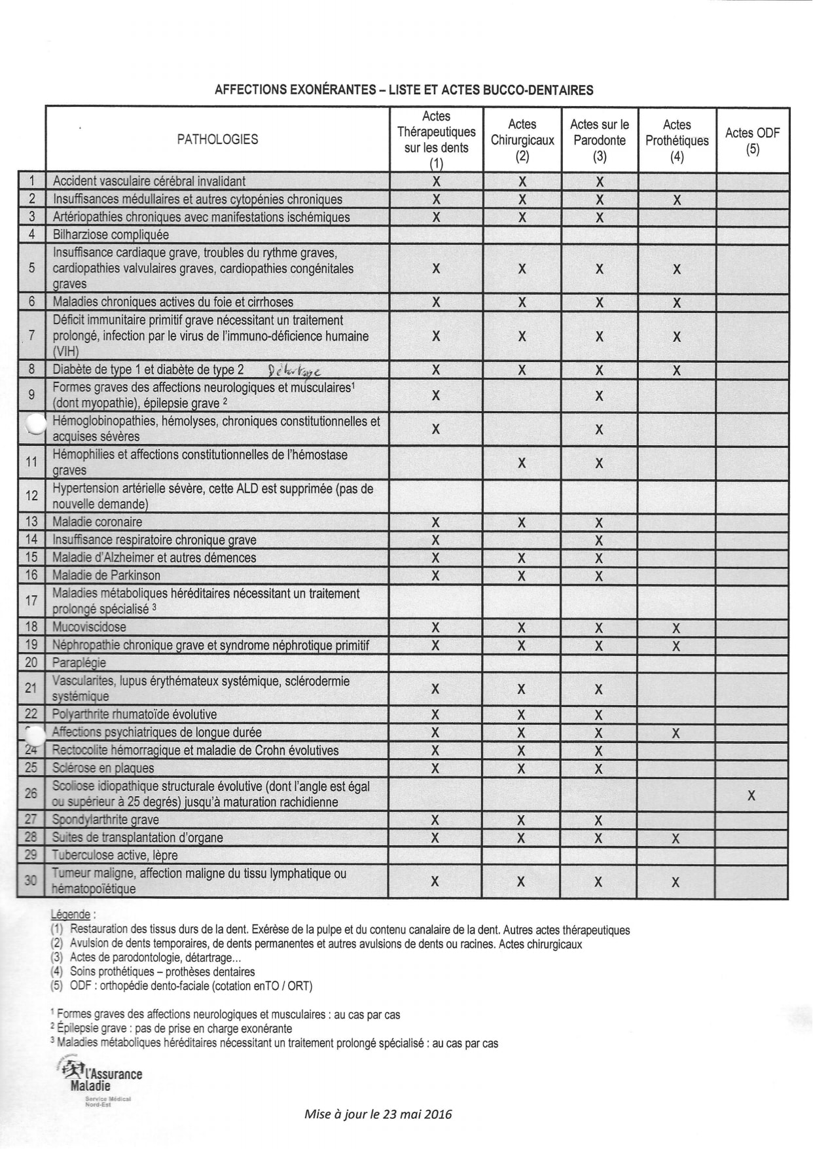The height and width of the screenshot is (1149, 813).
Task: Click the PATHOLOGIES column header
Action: pyautogui.click(x=217, y=139)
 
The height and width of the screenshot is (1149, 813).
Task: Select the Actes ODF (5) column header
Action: pyautogui.click(x=752, y=140)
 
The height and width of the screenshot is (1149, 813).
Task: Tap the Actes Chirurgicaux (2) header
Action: pyautogui.click(x=522, y=140)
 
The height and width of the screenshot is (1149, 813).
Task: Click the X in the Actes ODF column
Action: pyautogui.click(x=751, y=795)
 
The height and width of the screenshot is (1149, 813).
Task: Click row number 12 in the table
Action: pyautogui.click(x=31, y=496)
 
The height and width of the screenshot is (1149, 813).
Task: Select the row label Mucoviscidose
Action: pyautogui.click(x=90, y=627)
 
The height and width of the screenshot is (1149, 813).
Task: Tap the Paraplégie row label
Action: pyautogui.click(x=79, y=663)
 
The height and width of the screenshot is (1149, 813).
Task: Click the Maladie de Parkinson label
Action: pyautogui.click(x=106, y=575)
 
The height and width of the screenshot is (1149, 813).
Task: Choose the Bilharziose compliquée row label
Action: pyautogui.click(x=111, y=234)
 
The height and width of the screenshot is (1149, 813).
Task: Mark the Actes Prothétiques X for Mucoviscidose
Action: pyautogui.click(x=676, y=628)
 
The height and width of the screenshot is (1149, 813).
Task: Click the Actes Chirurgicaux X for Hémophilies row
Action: pyautogui.click(x=522, y=463)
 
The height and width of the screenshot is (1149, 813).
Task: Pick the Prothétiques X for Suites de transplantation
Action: pyautogui.click(x=676, y=838)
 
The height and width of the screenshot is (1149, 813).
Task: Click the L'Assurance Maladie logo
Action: pyautogui.click(x=99, y=1076)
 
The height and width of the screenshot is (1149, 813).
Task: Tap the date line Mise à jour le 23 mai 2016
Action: pyautogui.click(x=378, y=1114)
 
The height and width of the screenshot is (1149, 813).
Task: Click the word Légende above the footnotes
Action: pyautogui.click(x=71, y=914)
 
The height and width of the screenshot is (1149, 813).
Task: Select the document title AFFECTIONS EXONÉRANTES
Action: pyautogui.click(x=404, y=90)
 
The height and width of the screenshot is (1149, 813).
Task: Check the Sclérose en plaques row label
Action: pyautogui.click(x=103, y=768)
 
